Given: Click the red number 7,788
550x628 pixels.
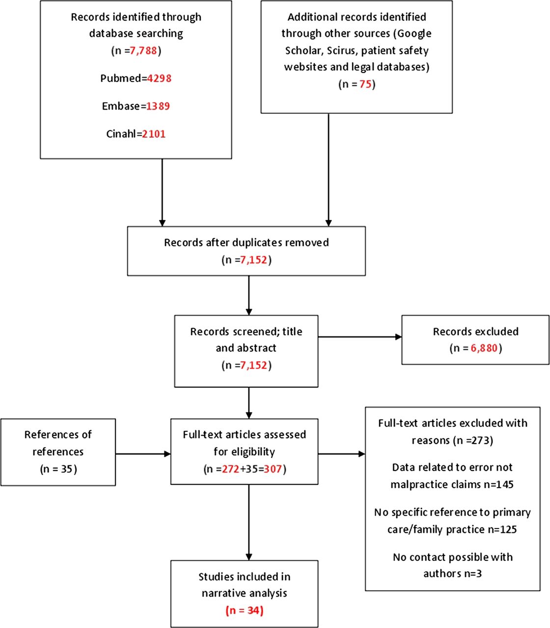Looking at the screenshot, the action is [x=143, y=51].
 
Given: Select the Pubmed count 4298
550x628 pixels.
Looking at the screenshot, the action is [x=159, y=78].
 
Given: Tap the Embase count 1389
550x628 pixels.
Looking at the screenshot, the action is [x=158, y=106].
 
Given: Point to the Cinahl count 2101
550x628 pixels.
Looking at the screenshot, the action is [x=154, y=134].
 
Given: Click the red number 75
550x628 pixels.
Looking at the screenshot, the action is [x=365, y=84].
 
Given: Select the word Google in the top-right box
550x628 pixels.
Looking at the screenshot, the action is [x=414, y=34].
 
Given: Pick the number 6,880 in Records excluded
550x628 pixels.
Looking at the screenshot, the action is [x=484, y=348].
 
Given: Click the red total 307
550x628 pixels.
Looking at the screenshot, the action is [x=273, y=469].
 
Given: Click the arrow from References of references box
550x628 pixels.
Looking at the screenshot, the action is [x=143, y=454].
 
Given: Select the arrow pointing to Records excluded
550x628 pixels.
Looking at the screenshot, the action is [x=360, y=337].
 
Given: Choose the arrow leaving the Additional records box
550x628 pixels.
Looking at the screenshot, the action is [x=329, y=170].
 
